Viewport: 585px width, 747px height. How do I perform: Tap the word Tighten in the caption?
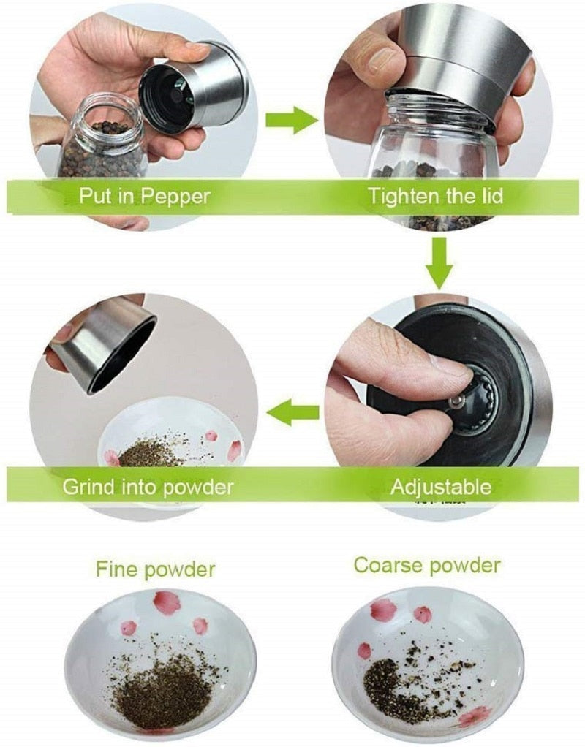click(399, 196)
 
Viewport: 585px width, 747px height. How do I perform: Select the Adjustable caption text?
click(440, 487)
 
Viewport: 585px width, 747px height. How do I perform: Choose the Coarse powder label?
click(427, 565)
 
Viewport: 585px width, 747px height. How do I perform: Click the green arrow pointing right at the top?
click(290, 119)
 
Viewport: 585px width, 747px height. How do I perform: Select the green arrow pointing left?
click(292, 414)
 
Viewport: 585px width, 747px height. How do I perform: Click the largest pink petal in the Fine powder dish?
click(167, 603)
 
